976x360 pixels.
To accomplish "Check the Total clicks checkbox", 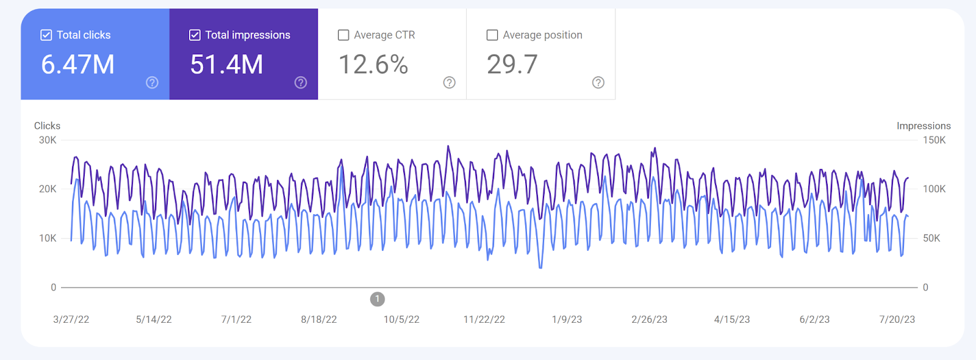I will click(46, 35).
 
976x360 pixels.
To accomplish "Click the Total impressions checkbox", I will click(195, 35).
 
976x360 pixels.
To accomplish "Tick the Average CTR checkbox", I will click(343, 35).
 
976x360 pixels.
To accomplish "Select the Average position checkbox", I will click(492, 35).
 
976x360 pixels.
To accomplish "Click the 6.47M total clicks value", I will click(77, 65).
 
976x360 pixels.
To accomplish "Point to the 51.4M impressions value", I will click(226, 65).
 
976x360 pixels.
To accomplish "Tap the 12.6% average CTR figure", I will click(373, 65).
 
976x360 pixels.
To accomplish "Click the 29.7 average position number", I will click(512, 65).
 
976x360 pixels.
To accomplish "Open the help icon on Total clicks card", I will click(152, 82).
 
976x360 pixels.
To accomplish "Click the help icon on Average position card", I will click(598, 82).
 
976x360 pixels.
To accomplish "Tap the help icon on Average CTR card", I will click(450, 82).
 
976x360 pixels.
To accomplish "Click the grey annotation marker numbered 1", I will click(378, 299).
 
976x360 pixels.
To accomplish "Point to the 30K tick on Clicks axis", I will click(48, 140).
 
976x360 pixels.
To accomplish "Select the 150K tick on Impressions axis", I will click(934, 140).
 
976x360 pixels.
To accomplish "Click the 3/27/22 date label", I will click(71, 320).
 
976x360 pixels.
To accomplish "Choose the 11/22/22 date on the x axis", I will click(484, 320).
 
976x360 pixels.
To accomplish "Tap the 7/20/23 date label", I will click(897, 320).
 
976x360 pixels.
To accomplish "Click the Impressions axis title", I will click(924, 126).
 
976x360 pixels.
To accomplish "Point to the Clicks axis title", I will click(47, 126).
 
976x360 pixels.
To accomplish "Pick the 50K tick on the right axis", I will click(931, 239).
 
